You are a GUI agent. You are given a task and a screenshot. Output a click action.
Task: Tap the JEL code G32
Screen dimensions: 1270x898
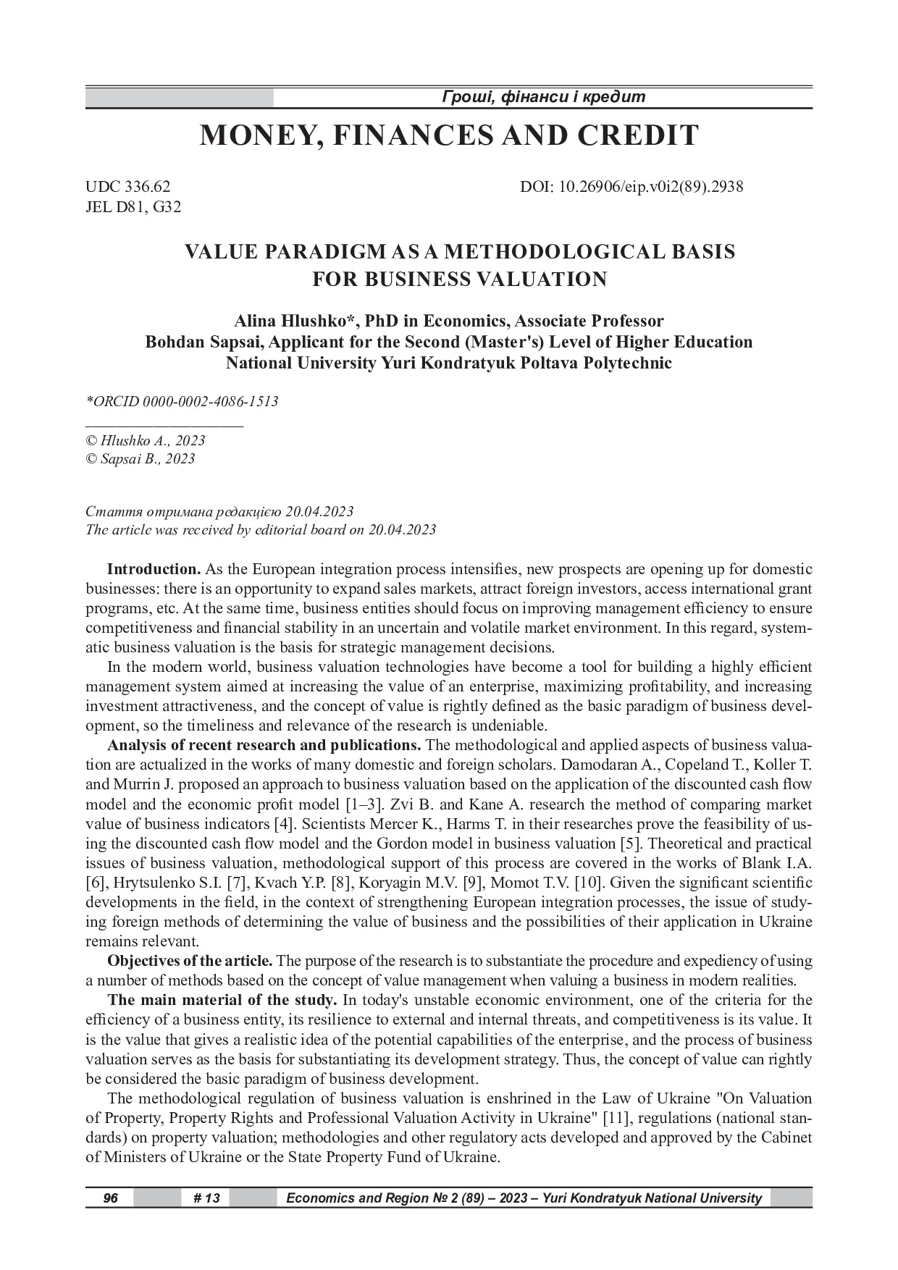pos(168,207)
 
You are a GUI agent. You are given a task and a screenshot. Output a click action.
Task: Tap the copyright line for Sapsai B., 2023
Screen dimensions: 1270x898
pos(140,458)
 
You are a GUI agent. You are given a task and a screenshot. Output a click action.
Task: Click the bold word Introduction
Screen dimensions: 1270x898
pos(154,568)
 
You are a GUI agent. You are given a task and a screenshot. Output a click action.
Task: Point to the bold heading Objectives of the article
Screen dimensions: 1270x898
pos(190,961)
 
